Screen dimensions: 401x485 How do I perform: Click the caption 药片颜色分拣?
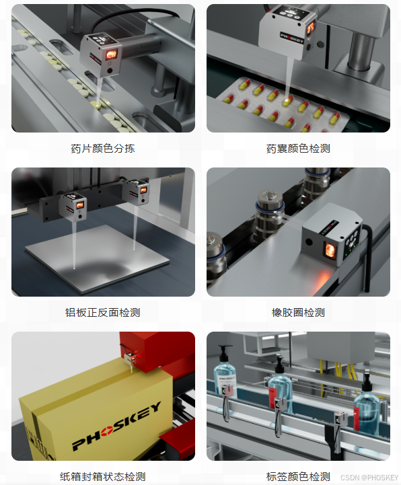pos(103,149)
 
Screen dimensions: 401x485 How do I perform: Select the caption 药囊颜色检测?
pos(298,149)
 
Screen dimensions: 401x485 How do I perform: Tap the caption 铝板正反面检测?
pos(103,312)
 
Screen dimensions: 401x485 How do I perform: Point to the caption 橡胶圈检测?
pos(298,312)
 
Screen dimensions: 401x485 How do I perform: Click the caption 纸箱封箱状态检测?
pos(103,476)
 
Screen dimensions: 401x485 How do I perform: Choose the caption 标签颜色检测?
pos(298,476)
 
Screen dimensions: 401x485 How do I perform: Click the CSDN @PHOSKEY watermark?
pos(369,478)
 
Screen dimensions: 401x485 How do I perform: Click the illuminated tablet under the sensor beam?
pos(98,105)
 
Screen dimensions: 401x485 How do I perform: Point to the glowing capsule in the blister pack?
pos(289,100)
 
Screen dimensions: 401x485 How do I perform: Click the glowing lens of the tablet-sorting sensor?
pos(111,54)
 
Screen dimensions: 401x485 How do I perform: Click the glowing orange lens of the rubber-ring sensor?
pos(330,250)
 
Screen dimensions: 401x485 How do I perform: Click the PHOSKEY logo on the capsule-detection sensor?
pos(292,38)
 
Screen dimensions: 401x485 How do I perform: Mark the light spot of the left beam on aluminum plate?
pos(74,268)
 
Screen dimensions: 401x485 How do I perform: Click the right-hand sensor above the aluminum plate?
pos(136,192)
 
